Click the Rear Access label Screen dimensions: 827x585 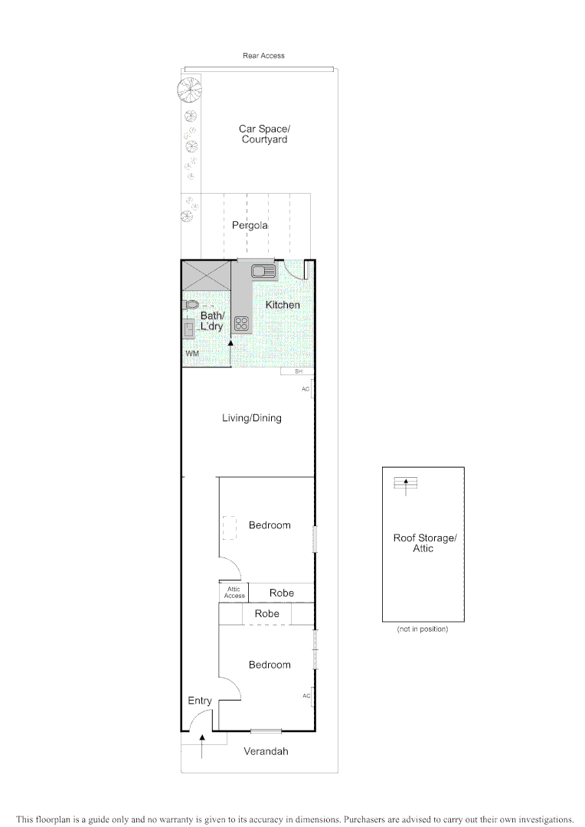263,56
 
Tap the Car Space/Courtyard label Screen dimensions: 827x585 264,134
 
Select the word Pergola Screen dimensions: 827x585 250,226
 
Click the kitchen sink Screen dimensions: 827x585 263,270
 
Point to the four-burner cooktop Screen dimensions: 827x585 242,322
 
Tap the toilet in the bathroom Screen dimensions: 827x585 191,305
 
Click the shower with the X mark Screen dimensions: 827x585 206,274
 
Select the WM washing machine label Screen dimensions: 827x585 191,354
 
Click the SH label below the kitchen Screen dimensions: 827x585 298,371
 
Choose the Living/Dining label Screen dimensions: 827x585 251,418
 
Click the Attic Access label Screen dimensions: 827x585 234,592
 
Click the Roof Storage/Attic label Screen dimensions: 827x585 424,543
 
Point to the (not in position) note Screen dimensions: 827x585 422,629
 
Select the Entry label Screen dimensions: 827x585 200,701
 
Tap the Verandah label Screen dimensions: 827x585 266,752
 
